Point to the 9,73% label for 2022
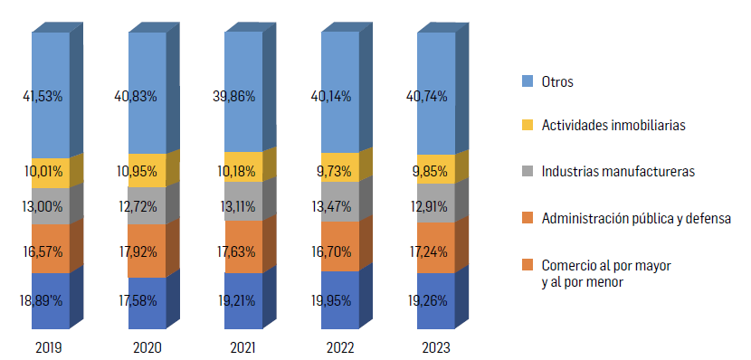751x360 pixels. pyautogui.click(x=337, y=169)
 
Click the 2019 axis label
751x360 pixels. pyautogui.click(x=50, y=347)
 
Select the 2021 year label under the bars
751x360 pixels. pyautogui.click(x=243, y=347)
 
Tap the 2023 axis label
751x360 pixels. pyautogui.click(x=436, y=347)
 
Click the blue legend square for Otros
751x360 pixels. pyautogui.click(x=528, y=82)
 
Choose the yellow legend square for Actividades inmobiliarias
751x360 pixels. pyautogui.click(x=528, y=126)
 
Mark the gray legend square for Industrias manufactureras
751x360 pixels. pyautogui.click(x=528, y=170)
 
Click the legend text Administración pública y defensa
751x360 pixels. pyautogui.click(x=635, y=218)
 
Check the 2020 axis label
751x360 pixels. pyautogui.click(x=147, y=347)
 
